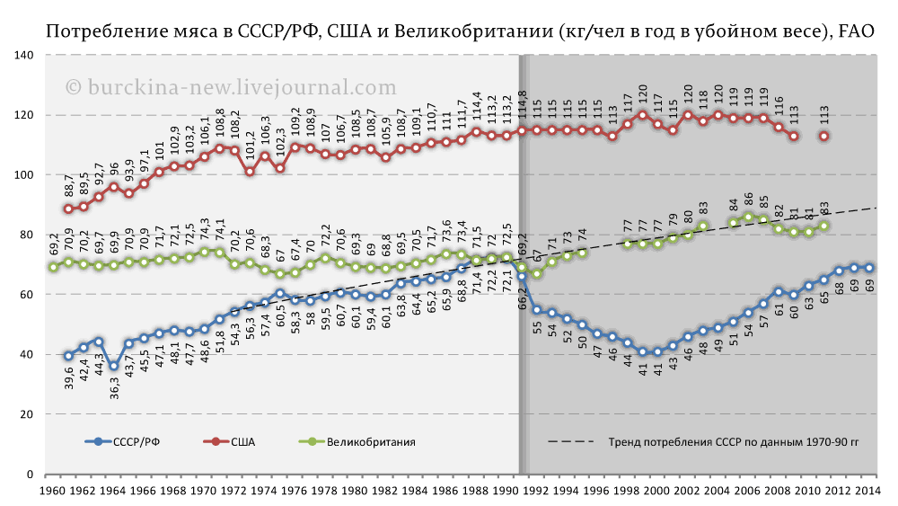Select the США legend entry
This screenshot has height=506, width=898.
coord(242,441)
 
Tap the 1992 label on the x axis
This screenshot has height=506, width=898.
coord(536,491)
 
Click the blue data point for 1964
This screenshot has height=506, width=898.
coord(114,366)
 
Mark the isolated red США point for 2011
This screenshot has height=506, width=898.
coord(823,136)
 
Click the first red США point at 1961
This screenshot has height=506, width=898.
coord(68,209)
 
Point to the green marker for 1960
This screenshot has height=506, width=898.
coord(53,267)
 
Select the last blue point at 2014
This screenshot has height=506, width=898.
coord(869,268)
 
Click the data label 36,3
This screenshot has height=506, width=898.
coord(114,387)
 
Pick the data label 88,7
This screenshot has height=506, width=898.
coord(68,187)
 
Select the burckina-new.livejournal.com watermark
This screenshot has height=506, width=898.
coord(231,87)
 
